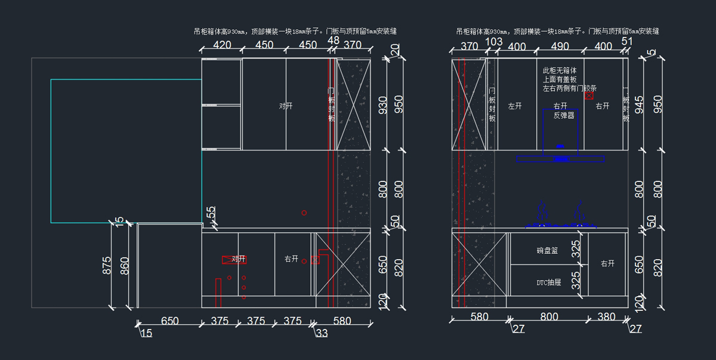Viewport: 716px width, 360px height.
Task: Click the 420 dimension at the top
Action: [222, 45]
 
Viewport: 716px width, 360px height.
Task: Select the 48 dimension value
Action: [334, 41]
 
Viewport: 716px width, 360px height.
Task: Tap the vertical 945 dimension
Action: [640, 105]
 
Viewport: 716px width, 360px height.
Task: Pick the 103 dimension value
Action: [493, 41]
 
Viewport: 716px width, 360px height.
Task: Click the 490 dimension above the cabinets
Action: [560, 46]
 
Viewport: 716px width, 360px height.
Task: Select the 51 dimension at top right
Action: [626, 41]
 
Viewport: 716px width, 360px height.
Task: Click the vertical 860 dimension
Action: [124, 266]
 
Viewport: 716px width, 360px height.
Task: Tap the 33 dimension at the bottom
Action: [322, 333]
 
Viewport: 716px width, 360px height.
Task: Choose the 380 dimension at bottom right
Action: [606, 317]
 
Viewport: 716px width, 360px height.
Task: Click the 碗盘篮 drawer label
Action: [547, 251]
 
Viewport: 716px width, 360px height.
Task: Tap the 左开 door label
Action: [515, 106]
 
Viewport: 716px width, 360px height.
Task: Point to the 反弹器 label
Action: [564, 115]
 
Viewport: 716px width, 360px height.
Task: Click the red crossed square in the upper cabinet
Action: [589, 95]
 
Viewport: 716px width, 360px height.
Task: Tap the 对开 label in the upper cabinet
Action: [286, 106]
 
